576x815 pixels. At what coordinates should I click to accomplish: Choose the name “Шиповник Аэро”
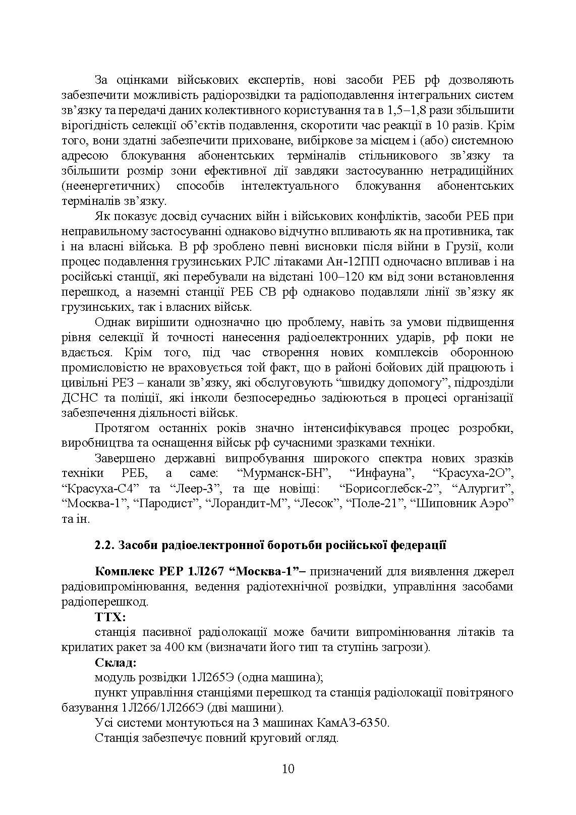462,504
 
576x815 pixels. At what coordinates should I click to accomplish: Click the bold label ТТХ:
110,617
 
